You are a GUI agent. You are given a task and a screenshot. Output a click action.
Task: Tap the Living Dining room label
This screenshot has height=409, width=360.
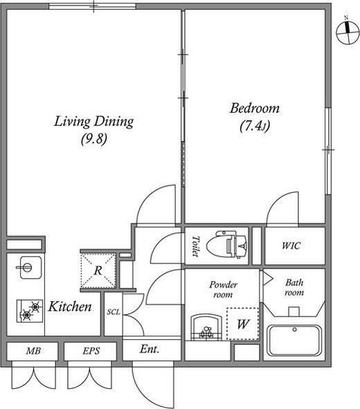coord(93,122)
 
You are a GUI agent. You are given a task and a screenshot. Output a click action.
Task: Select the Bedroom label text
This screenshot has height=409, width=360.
coord(254,109)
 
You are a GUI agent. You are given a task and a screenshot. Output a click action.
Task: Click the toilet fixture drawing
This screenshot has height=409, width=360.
coord(226,244)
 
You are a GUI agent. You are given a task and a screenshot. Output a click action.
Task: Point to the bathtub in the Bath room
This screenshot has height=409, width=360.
coord(294,340)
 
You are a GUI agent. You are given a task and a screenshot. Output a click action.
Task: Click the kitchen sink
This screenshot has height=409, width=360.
coord(30,267)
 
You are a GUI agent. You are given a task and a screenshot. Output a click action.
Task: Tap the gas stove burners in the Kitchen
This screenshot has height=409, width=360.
coord(30,311)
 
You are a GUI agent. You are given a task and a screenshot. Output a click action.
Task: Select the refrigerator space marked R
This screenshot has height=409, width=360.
coord(98,271)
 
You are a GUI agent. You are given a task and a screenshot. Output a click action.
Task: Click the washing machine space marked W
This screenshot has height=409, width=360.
coord(242,324)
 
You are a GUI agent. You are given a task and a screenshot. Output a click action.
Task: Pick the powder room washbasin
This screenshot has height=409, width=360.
coord(206,327)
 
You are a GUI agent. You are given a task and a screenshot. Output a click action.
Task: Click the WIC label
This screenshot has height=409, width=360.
coord(291,246)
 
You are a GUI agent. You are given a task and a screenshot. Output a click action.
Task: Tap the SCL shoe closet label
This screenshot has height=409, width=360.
coord(114,311)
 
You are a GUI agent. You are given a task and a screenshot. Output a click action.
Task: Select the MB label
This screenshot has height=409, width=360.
coord(33,351)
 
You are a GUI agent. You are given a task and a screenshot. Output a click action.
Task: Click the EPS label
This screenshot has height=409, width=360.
coord(91,351)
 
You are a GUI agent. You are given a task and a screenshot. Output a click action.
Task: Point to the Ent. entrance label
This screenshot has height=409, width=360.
coord(150,349)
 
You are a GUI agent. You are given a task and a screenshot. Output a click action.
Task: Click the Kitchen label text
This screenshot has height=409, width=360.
coord(70,307)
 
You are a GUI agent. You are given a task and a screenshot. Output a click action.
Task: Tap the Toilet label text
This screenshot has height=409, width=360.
coord(196,246)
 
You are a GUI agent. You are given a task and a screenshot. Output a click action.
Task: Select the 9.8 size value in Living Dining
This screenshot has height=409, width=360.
coord(94,139)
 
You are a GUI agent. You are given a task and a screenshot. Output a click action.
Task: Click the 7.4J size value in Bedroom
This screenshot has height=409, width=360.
coord(255,126)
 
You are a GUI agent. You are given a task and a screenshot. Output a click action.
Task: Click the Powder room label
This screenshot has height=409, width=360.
coord(224,289)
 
